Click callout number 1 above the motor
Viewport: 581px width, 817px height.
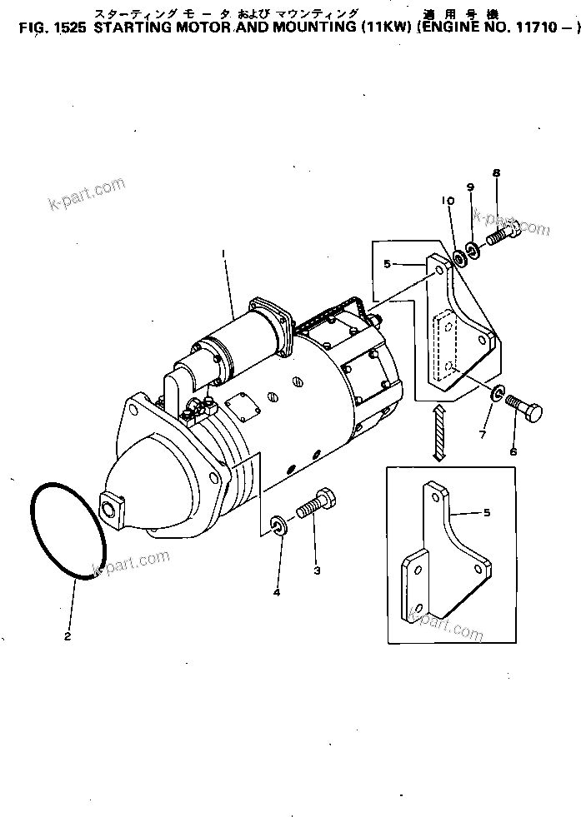tap(223, 252)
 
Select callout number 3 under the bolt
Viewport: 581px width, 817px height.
tap(316, 570)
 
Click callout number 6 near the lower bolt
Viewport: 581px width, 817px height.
tap(513, 451)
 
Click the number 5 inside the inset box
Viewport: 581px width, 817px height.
tap(486, 513)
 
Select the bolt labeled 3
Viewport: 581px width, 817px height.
tap(318, 505)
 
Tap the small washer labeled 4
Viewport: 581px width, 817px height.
tap(277, 526)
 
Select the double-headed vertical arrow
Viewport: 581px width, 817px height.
tap(438, 431)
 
